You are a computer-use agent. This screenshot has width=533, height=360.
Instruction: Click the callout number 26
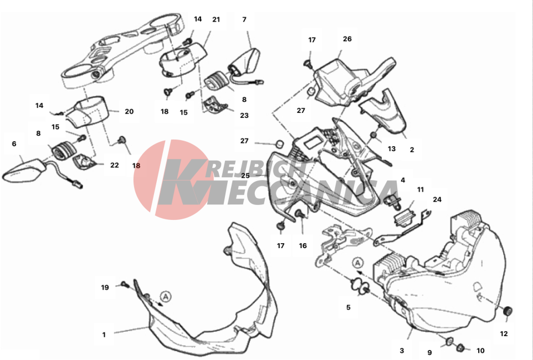click(347, 39)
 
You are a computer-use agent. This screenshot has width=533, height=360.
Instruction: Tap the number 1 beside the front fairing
click(104, 335)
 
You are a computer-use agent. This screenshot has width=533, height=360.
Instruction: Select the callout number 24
click(437, 199)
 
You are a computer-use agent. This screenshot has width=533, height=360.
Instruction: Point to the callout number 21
click(216, 20)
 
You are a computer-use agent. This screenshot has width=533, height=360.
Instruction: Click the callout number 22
click(115, 165)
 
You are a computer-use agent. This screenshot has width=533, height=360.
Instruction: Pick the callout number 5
click(348, 307)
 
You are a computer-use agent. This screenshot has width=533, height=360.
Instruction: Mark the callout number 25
click(245, 176)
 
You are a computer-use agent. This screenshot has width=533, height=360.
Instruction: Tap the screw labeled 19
click(125, 284)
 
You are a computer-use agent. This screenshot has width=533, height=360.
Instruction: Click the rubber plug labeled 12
click(508, 311)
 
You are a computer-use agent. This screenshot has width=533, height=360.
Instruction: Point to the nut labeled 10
click(460, 347)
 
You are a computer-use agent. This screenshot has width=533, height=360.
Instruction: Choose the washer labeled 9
click(449, 341)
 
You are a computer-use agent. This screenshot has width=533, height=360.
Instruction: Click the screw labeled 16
click(300, 214)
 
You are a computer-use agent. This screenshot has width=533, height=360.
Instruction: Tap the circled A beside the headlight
click(357, 263)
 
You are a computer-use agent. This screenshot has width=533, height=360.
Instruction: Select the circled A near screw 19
click(166, 297)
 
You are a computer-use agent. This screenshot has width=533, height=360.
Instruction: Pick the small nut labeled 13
click(373, 135)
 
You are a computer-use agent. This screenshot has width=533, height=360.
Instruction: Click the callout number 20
click(129, 111)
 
